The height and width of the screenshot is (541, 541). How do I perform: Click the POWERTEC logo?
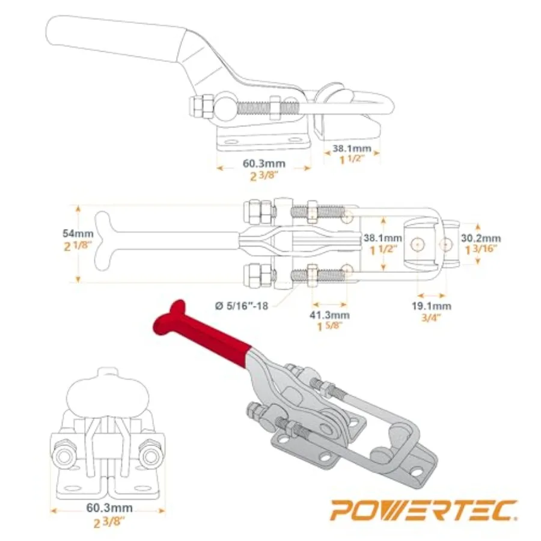coord(424,510)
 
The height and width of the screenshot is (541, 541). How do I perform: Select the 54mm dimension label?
coord(78,233)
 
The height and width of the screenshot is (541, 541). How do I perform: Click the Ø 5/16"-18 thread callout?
coord(242,306)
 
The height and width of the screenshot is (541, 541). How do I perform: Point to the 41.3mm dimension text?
coord(329,314)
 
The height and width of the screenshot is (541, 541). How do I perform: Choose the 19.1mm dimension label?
coord(431,306)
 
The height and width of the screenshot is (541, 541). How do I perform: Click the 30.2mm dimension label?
coord(481,238)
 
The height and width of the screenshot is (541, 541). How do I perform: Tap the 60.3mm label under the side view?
coord(264,163)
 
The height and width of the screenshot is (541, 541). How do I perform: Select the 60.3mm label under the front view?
coord(109,507)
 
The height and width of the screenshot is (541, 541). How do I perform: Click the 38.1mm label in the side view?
coord(352,148)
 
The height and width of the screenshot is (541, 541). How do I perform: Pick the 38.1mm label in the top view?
coord(383,237)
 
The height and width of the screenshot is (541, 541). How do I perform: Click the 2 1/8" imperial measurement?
coord(78,246)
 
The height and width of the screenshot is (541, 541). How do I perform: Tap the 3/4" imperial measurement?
coord(431,317)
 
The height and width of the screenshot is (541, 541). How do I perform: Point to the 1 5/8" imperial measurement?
coord(330,326)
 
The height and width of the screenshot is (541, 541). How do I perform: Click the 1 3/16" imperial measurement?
coord(481,249)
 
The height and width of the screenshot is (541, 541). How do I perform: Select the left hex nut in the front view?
coord(64,456)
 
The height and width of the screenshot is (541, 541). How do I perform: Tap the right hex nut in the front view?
coord(151,456)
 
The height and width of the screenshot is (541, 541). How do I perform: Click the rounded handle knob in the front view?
coord(108,396)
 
